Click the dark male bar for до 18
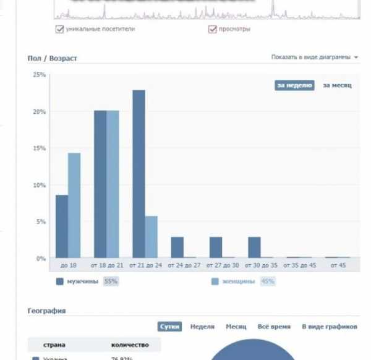(x=61, y=226)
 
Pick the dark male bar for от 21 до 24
(x=139, y=174)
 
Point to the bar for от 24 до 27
(x=177, y=247)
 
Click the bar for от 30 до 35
(x=254, y=247)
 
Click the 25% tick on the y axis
(x=39, y=75)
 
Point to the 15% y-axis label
(x=39, y=148)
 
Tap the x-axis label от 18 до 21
(x=106, y=266)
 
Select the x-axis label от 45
(x=338, y=266)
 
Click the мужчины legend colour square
(x=60, y=281)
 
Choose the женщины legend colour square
(x=215, y=281)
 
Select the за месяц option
(x=337, y=85)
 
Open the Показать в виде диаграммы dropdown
(x=315, y=58)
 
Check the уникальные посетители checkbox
(x=60, y=29)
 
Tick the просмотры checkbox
(x=213, y=29)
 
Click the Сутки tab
(x=169, y=327)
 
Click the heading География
(x=47, y=311)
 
